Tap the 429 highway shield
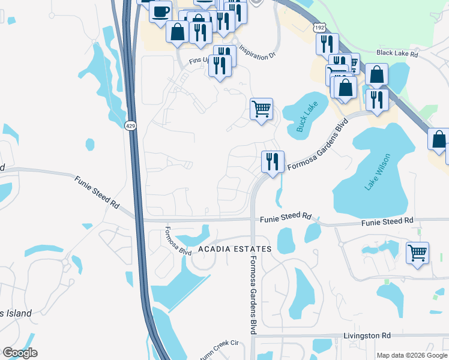[x=130, y=125]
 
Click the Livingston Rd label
[x=367, y=335]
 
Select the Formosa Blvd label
[x=177, y=241]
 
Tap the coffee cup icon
[x=160, y=12]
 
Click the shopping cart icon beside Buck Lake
[x=261, y=109]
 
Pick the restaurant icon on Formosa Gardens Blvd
[x=273, y=161]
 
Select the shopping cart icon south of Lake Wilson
[x=417, y=252]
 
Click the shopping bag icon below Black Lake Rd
[x=376, y=75]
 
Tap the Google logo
[x=20, y=352]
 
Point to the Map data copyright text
[x=411, y=355]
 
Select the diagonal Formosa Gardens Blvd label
[x=318, y=145]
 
